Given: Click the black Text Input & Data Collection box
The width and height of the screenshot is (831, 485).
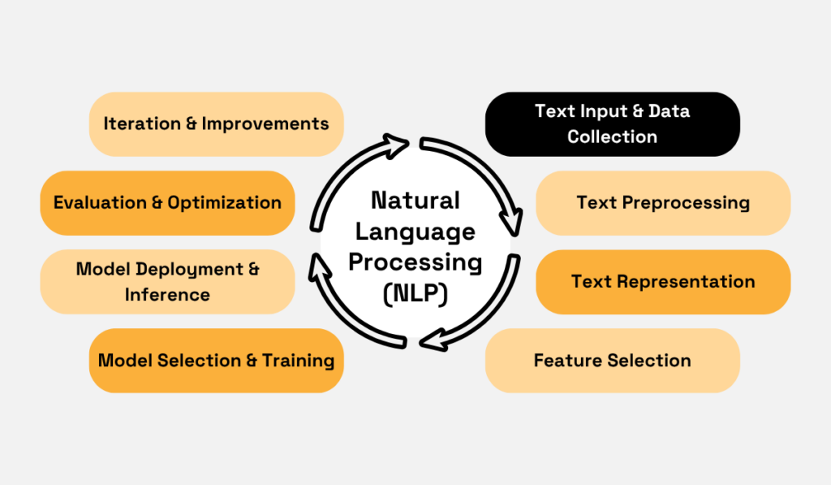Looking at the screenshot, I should [612, 123].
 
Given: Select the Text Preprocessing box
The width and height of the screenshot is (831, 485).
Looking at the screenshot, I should [663, 202].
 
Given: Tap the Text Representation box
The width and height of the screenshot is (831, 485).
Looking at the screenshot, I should [663, 282].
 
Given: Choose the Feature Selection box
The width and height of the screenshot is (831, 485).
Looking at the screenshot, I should [612, 360].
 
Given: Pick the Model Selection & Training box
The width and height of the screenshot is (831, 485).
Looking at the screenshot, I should [216, 360].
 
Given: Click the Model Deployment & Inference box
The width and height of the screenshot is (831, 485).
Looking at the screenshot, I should [167, 281].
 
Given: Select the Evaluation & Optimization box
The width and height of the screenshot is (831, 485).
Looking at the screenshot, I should [167, 202].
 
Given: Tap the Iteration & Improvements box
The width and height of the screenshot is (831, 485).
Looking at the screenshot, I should [216, 123].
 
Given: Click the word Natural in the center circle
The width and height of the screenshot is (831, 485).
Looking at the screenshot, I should [415, 200].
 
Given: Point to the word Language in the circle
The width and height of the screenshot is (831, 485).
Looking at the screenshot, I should [415, 232].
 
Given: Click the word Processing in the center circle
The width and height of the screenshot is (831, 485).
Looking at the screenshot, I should [415, 262].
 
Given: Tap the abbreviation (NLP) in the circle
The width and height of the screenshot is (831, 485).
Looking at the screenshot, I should [415, 294].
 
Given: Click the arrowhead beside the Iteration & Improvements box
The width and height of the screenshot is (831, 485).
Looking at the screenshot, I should [398, 147].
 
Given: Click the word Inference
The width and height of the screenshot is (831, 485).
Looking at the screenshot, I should [167, 294].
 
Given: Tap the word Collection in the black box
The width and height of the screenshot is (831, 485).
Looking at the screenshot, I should [612, 136].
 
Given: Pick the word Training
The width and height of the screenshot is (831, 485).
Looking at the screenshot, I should [298, 360].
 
